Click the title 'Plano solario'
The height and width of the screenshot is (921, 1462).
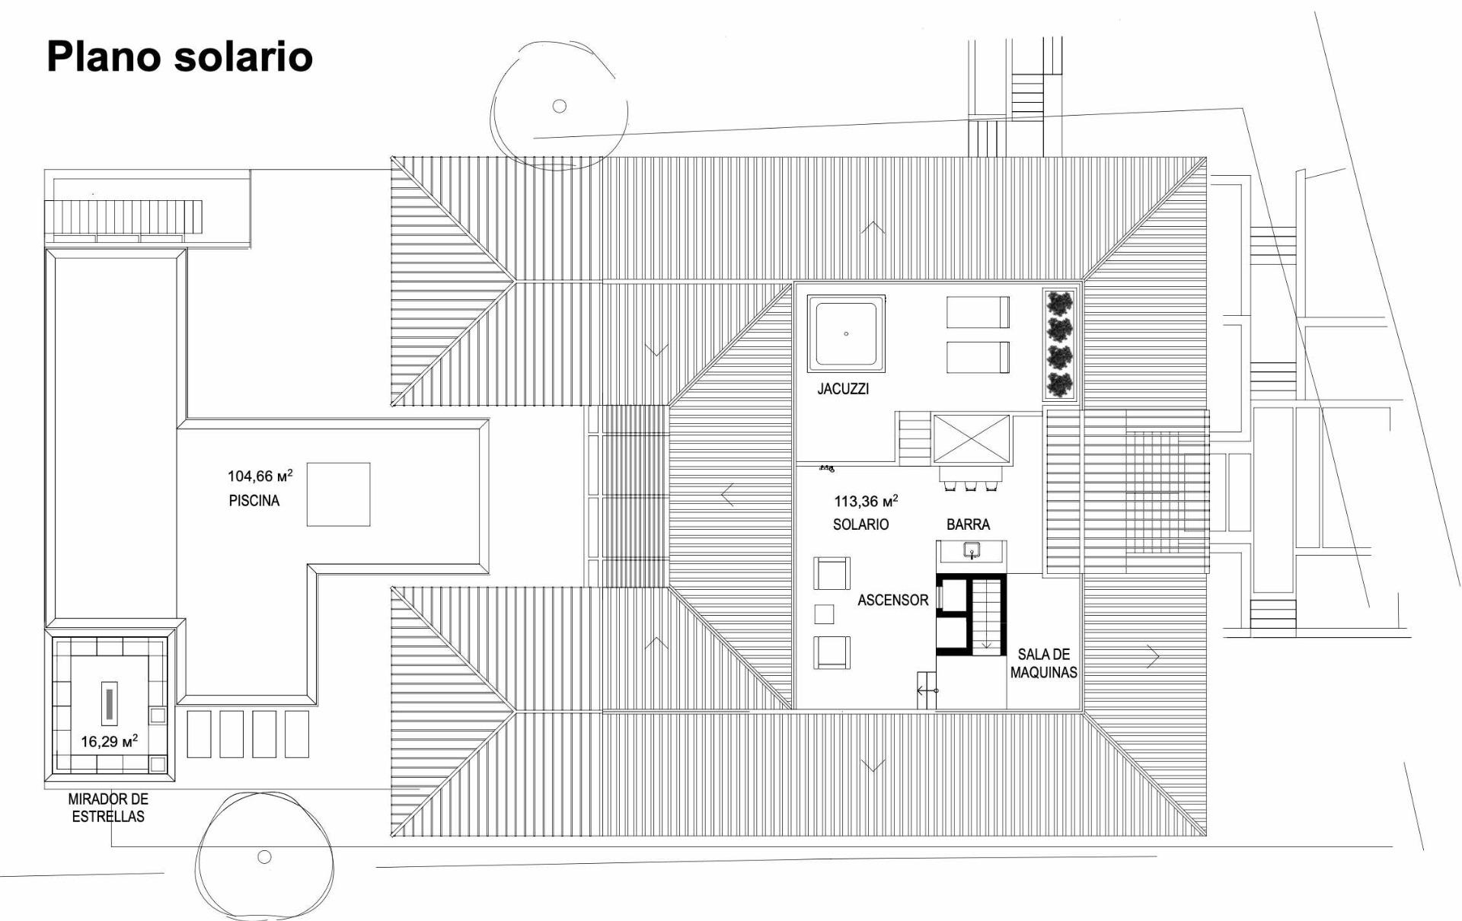[x=180, y=57]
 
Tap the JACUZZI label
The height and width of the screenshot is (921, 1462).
[x=843, y=389]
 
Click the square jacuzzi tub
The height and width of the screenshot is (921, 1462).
[x=846, y=334]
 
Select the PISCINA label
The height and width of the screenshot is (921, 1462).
[x=254, y=501]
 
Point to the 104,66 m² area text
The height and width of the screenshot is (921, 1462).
[x=260, y=476]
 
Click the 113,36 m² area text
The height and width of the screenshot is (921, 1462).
[x=867, y=501]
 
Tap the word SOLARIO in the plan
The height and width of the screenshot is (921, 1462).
[x=860, y=524]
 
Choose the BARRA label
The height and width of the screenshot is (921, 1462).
[x=969, y=524]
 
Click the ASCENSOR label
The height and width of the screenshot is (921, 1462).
[x=893, y=600]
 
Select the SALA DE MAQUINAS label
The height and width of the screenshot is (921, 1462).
[x=1044, y=663]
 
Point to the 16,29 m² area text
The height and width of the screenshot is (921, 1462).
[x=110, y=741]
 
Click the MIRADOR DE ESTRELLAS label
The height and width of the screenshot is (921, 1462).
[x=108, y=808]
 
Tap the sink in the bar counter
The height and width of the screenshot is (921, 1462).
[x=972, y=550]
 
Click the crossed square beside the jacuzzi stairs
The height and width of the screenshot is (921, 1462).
[x=972, y=438]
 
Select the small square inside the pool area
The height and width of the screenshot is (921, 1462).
[x=338, y=494]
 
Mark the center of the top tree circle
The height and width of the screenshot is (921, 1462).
[x=560, y=106]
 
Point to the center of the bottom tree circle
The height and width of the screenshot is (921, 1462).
[x=264, y=856]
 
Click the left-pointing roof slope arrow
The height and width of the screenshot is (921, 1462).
[x=728, y=495]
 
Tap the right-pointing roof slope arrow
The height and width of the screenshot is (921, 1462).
[x=1153, y=656]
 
